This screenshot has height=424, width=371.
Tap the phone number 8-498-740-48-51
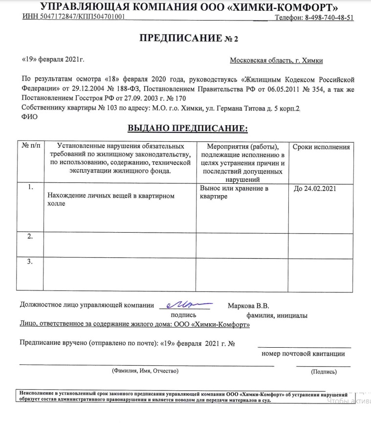(x=329, y=18)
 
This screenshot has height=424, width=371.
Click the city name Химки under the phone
(x=313, y=61)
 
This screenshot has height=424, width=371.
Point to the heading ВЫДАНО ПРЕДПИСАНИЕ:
(x=188, y=129)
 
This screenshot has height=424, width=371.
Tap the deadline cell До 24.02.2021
(x=315, y=188)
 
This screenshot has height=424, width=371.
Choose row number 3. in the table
(x=30, y=262)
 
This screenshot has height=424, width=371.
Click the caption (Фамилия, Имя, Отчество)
(x=146, y=371)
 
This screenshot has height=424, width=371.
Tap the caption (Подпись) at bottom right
(x=324, y=372)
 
